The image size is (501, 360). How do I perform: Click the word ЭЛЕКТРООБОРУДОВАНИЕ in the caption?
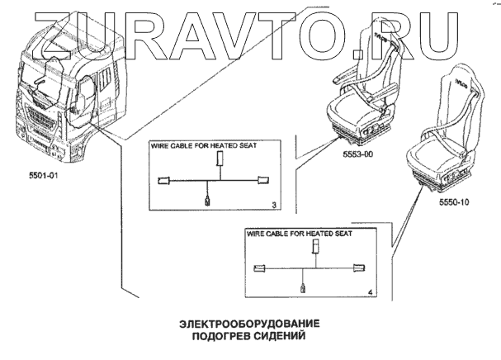coord(248,324)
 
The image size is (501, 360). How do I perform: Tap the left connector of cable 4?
coord(261,267)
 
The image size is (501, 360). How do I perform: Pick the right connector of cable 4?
coord(358,266)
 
